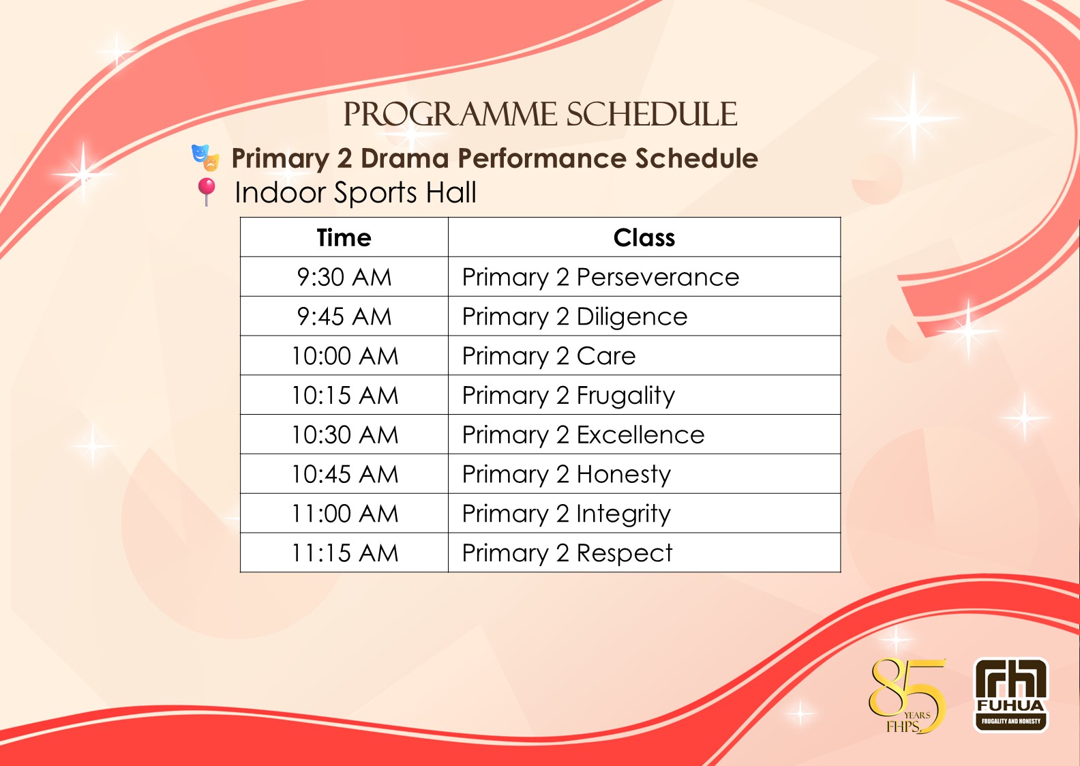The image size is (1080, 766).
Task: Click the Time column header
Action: [344, 237]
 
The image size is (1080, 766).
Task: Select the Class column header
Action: [644, 237]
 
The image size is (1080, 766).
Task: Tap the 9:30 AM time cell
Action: [344, 277]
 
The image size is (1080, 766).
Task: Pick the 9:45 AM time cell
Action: [344, 316]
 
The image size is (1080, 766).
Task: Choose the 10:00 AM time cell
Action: [345, 356]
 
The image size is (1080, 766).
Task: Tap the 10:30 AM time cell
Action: [345, 434]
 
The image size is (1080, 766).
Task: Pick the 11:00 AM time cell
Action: [345, 513]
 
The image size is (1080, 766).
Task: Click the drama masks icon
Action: [205, 158]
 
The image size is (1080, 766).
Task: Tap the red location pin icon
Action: [207, 192]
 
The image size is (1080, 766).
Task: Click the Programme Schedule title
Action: [540, 115]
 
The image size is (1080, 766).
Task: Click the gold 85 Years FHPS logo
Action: [907, 695]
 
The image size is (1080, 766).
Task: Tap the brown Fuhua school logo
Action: [1011, 695]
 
